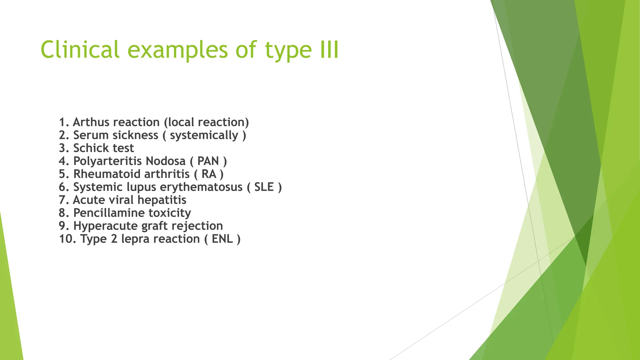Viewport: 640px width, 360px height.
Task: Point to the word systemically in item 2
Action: [x=204, y=135]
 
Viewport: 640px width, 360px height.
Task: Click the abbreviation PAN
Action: [x=208, y=161]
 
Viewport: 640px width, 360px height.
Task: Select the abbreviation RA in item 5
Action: [x=209, y=174]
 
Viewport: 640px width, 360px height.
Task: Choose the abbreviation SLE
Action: [x=264, y=187]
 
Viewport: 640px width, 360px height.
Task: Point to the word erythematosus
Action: [x=201, y=187]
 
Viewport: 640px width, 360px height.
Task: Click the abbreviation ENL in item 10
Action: [x=222, y=239]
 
